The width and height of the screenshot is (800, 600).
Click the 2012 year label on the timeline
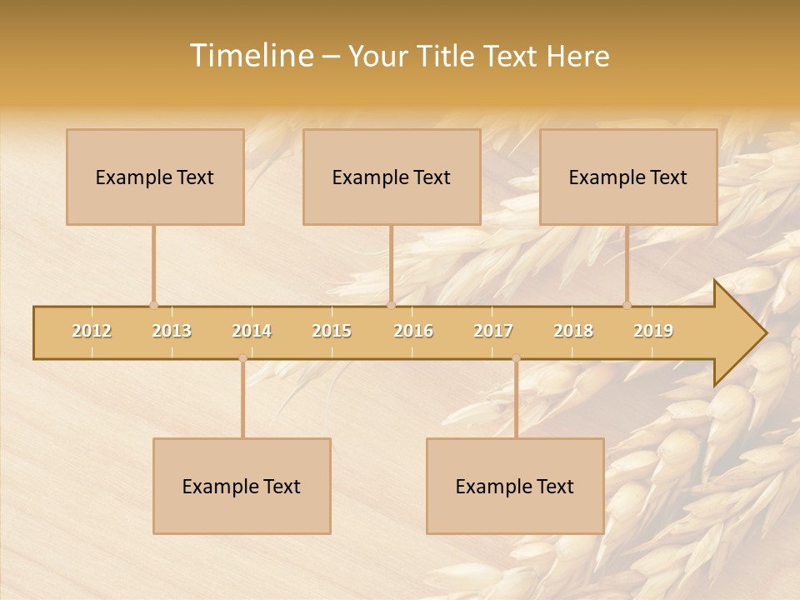pos(92,331)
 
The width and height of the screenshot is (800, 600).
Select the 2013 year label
pos(172,331)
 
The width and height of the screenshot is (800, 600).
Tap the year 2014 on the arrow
pos(252,331)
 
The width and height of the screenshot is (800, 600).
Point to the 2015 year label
pos(332,331)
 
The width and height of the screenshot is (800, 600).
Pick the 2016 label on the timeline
pos(413,331)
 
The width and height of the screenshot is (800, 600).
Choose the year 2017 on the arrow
pos(493,331)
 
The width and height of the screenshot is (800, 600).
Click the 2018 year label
pos(573,331)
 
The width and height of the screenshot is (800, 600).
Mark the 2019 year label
pos(653,331)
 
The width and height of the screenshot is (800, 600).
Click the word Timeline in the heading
pos(250,56)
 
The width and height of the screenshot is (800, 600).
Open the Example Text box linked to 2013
pos(155,177)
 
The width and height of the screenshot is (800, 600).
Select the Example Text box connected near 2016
pos(392,177)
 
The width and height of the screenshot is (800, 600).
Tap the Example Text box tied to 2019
pos(628,177)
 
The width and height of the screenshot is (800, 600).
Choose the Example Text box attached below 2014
pos(242,486)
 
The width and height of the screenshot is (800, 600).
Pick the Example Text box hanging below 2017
pos(515,486)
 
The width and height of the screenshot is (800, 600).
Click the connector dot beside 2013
pos(153,305)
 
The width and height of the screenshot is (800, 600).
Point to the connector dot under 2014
pos(242,358)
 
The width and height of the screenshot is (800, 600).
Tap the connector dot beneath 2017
pos(516,358)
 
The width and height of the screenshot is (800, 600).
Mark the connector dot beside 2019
pos(627,305)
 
